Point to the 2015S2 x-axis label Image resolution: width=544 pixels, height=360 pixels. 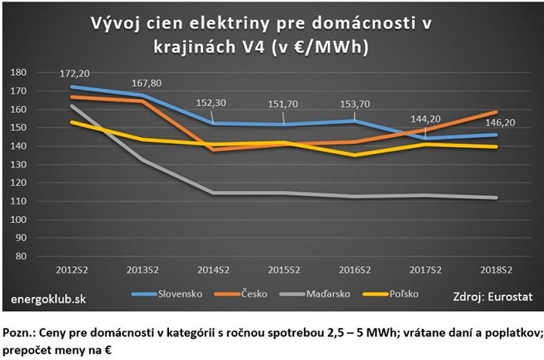[283, 271]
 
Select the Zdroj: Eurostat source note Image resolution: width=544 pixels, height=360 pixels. [493, 297]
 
